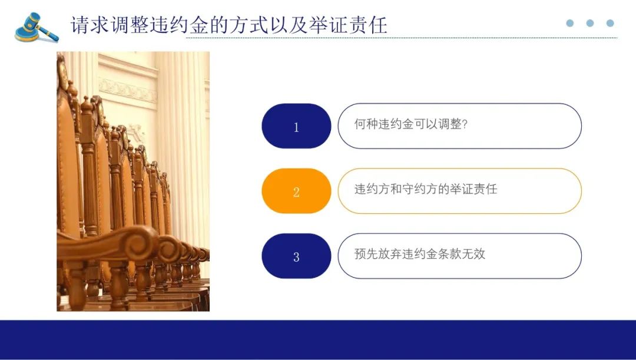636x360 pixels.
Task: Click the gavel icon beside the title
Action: [37, 28]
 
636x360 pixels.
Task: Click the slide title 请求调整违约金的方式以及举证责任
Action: [228, 25]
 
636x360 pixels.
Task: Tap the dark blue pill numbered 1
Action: [296, 126]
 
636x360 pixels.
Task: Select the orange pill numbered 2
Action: [296, 191]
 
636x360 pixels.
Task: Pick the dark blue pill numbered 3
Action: [296, 256]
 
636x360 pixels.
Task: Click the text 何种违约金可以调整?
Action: [411, 124]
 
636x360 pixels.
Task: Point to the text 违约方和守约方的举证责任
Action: [426, 189]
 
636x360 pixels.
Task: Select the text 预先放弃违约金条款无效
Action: [419, 254]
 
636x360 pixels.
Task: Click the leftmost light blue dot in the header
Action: [570, 23]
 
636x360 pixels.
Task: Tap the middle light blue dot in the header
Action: [590, 23]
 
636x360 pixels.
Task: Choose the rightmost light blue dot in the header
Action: [610, 23]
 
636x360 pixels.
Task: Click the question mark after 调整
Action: [465, 124]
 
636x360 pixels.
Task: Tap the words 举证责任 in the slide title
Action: [347, 25]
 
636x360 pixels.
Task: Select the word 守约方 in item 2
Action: [420, 189]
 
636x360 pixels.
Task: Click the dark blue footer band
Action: [318, 340]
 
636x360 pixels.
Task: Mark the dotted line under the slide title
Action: [402, 38]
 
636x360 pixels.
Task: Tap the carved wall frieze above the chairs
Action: [127, 90]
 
